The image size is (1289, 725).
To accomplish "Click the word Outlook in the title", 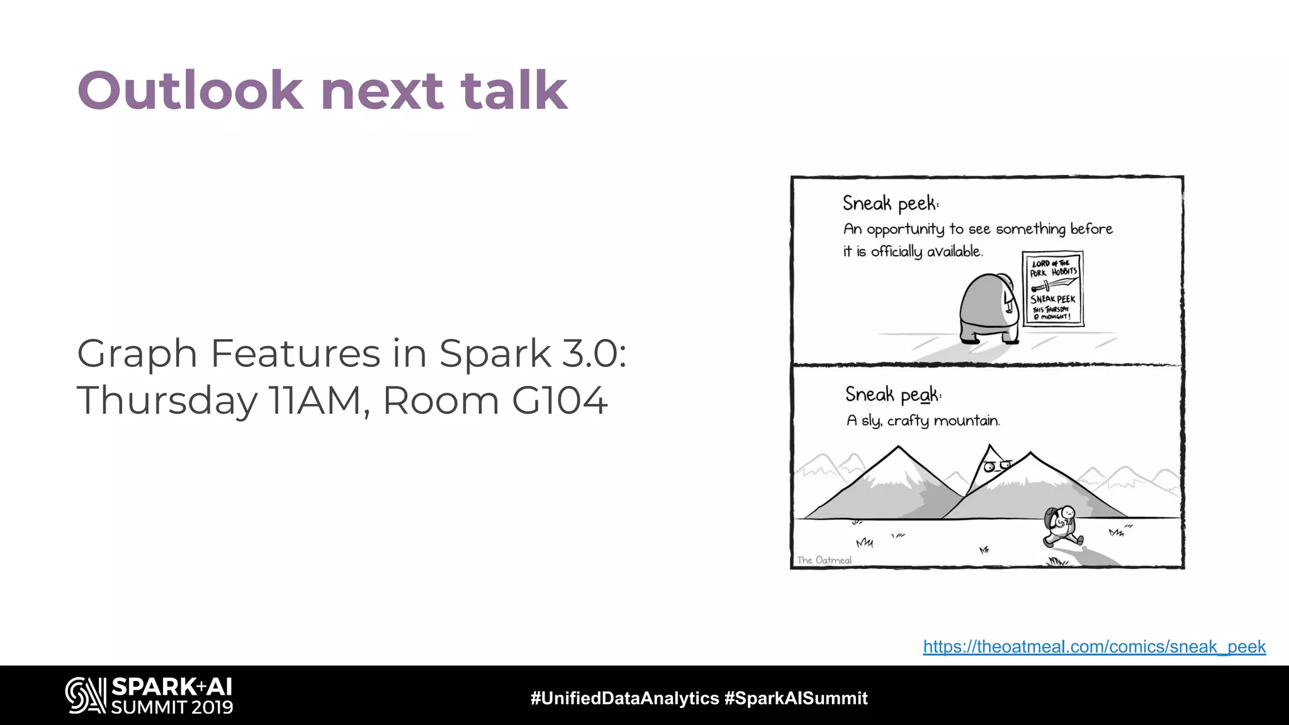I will coord(189,91).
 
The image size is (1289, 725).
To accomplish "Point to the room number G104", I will coord(560,400).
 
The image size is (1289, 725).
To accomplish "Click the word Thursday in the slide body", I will coord(167,401).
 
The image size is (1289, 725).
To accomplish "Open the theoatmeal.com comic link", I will coord(1094,646).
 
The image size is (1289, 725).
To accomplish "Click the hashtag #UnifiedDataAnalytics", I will coord(624,698).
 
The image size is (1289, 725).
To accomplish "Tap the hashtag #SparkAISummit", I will coord(796,698).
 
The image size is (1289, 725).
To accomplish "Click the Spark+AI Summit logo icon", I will coord(86,695).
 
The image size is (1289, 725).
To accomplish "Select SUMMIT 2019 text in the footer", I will coord(172,707).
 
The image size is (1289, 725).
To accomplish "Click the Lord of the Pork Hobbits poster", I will coord(1053,289).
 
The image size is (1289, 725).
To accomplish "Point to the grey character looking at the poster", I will coord(989,308).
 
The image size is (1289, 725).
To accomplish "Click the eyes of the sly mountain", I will coord(997,466).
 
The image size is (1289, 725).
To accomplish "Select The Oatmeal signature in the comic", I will coord(824,560).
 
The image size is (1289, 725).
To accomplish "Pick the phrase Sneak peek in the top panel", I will coord(890,203).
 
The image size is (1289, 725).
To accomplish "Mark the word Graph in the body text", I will coord(137,354).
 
